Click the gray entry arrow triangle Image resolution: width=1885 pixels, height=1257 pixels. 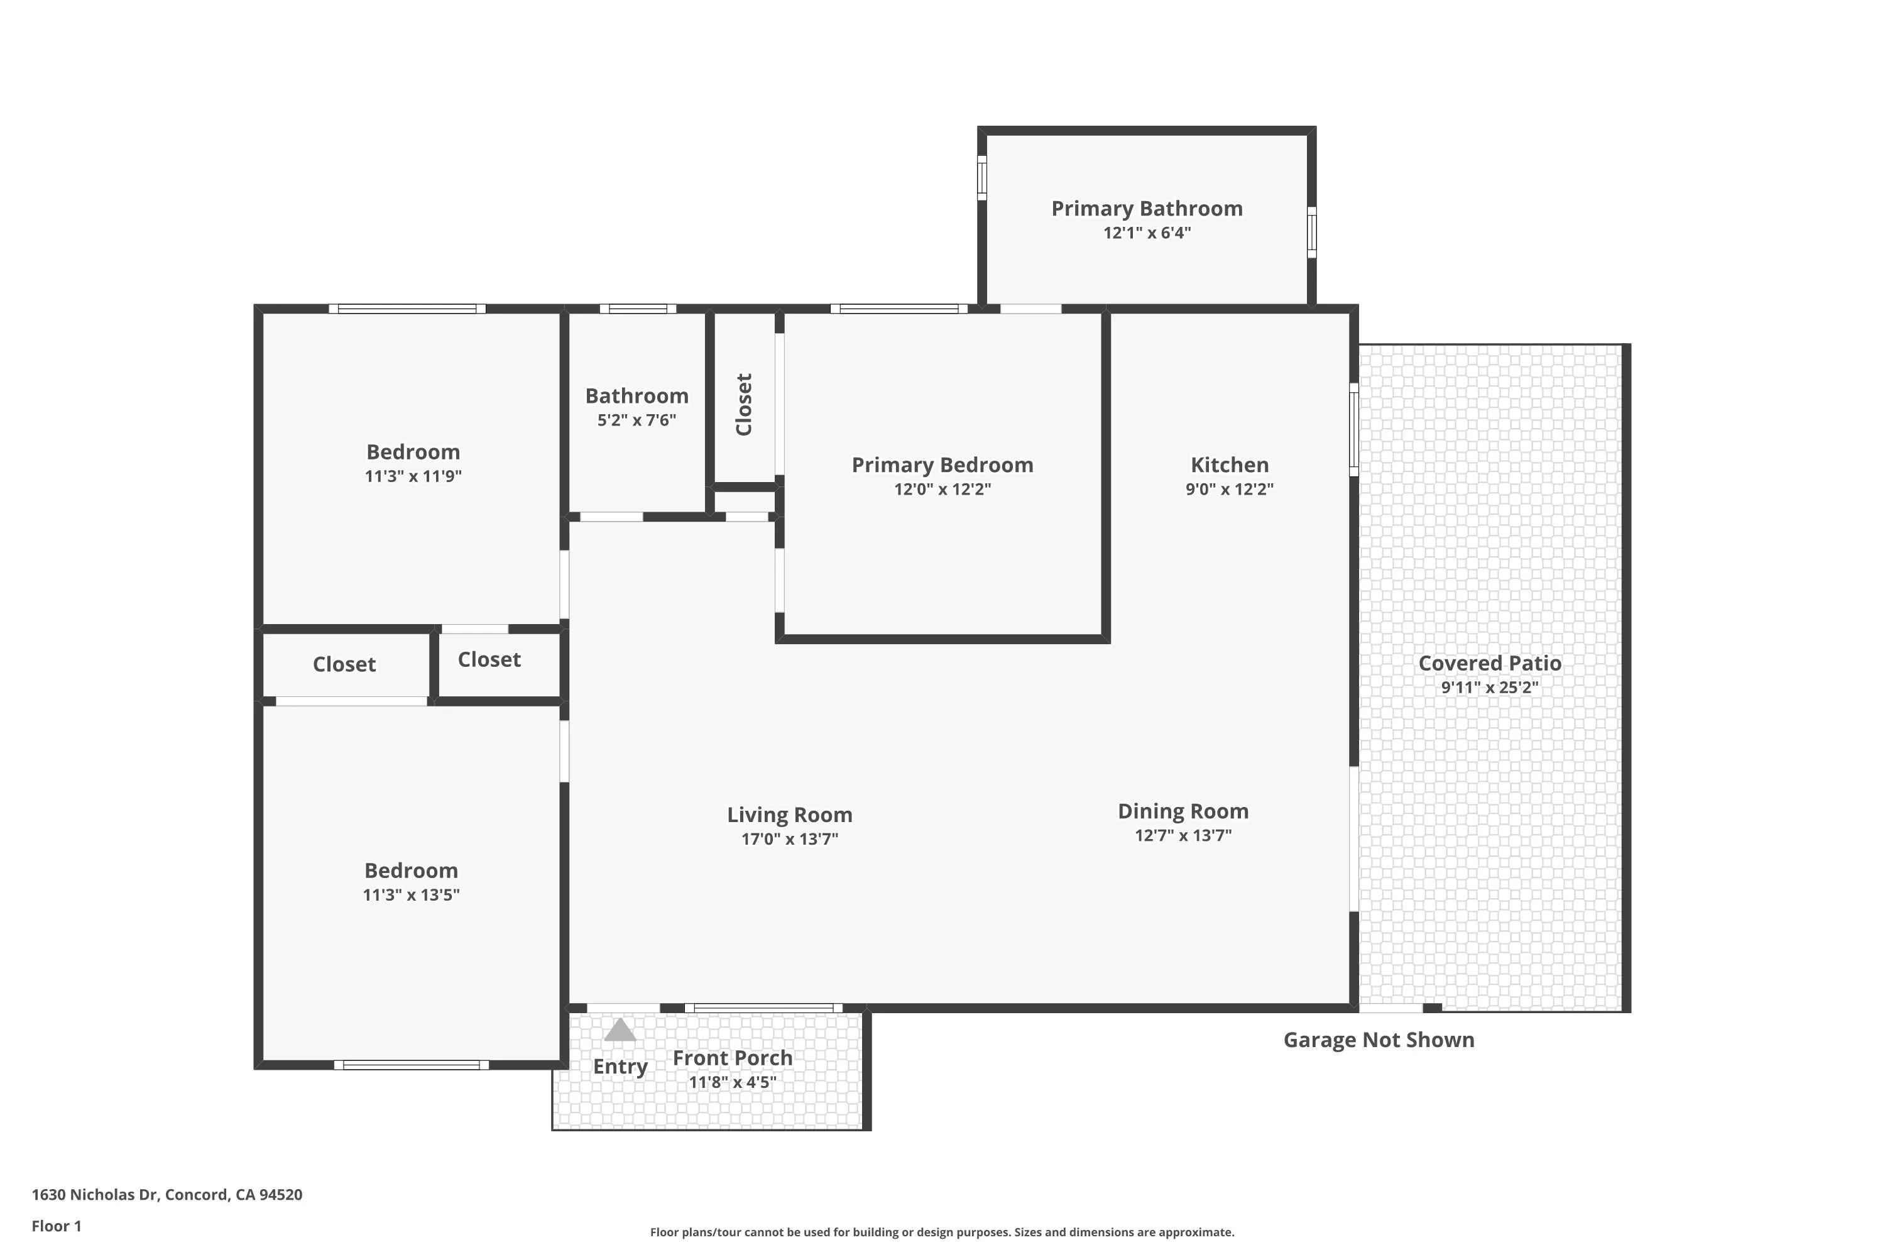tap(620, 1030)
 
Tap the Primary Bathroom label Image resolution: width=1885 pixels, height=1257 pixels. tap(1147, 209)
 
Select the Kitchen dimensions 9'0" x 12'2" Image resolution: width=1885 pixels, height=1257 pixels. tap(1230, 490)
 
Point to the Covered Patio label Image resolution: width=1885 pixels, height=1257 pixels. tap(1490, 663)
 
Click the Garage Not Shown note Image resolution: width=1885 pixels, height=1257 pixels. tap(1379, 1040)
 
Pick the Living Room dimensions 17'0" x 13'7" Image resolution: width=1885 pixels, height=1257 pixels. tap(789, 839)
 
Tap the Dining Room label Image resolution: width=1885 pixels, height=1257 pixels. tap(1183, 812)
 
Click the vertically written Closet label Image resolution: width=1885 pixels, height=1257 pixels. tap(744, 404)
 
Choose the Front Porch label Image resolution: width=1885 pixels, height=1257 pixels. tap(733, 1058)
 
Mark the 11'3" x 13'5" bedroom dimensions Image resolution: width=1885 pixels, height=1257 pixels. tap(411, 894)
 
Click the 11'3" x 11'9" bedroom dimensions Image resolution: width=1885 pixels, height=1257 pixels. tap(413, 476)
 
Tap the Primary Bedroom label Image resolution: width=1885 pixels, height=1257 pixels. tap(942, 465)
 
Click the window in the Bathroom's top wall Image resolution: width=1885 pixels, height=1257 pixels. tap(638, 309)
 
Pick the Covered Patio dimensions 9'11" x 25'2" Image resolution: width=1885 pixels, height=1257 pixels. tap(1490, 688)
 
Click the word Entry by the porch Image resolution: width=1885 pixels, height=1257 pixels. tap(620, 1067)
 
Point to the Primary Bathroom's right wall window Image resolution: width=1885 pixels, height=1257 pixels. tap(1312, 233)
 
